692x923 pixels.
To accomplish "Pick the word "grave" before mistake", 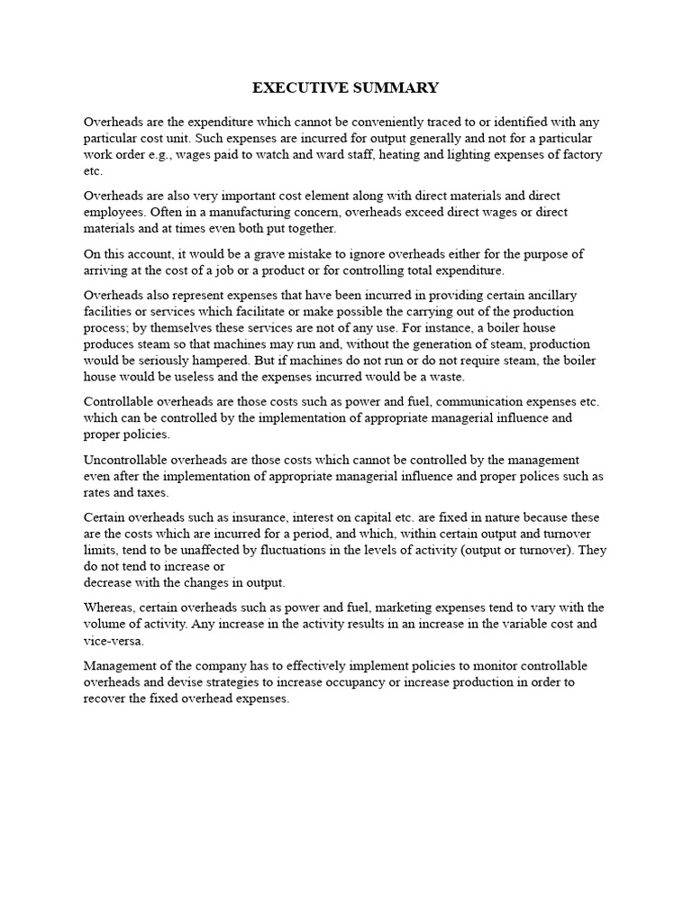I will click(266, 254).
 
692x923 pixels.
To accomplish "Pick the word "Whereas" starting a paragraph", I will click(108, 608).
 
